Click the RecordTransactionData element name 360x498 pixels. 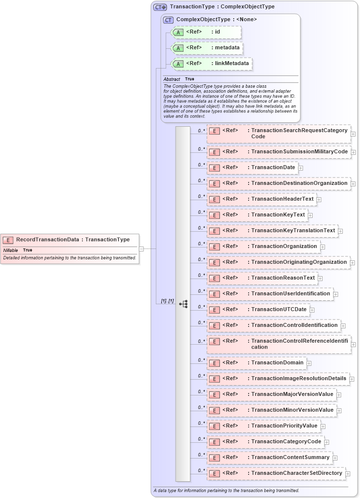click(47, 240)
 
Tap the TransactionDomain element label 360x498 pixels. click(277, 363)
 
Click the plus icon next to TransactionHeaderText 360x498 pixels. click(319, 200)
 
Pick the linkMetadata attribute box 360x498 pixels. click(211, 64)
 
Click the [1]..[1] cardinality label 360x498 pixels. click(167, 301)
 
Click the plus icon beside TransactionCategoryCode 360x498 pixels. click(327, 442)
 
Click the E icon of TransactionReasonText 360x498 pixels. click(215, 278)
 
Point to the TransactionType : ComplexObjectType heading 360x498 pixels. click(222, 7)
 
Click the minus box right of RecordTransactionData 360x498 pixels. click(142, 249)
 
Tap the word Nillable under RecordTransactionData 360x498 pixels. click(10, 250)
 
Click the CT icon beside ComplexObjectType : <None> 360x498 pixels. click(168, 20)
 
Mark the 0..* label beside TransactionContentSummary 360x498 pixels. click(201, 454)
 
